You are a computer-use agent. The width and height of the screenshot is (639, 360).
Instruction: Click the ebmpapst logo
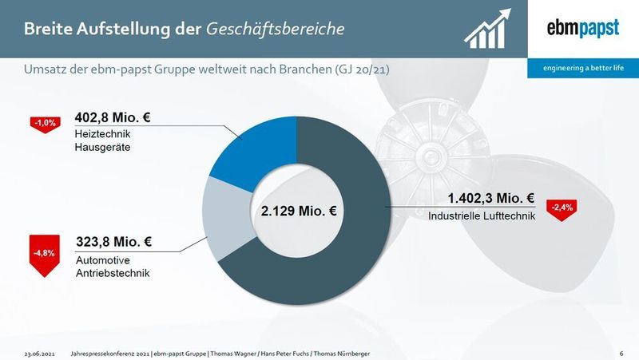[x=583, y=29]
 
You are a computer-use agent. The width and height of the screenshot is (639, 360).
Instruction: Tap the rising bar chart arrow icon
[x=487, y=29]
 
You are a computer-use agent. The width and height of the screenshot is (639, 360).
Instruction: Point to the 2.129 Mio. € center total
[x=299, y=211]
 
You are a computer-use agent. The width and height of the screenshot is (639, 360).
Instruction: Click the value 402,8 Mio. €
[x=113, y=117]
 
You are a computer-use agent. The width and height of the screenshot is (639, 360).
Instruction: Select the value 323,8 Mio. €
[x=113, y=242]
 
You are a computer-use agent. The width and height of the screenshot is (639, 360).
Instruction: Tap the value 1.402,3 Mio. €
[x=491, y=198]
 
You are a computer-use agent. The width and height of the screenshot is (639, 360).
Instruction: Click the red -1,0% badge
[x=46, y=125]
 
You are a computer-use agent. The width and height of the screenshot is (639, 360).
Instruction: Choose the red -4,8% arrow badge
[x=45, y=255]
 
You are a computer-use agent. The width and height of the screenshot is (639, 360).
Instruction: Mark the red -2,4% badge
[x=562, y=210]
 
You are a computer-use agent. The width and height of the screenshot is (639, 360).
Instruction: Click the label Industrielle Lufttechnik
[x=482, y=216]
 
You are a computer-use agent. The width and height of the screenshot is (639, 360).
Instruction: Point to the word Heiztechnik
[x=102, y=134]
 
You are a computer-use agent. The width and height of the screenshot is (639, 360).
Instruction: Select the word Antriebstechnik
[x=113, y=273]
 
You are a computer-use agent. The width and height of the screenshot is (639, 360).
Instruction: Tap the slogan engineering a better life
[x=583, y=68]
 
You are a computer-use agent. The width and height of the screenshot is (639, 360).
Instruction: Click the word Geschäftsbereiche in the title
[x=275, y=29]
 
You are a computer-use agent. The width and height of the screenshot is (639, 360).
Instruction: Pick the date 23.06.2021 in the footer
[x=39, y=354]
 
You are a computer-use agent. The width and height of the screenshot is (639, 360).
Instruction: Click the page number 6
[x=621, y=354]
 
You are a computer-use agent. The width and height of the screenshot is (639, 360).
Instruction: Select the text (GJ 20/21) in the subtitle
[x=362, y=69]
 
